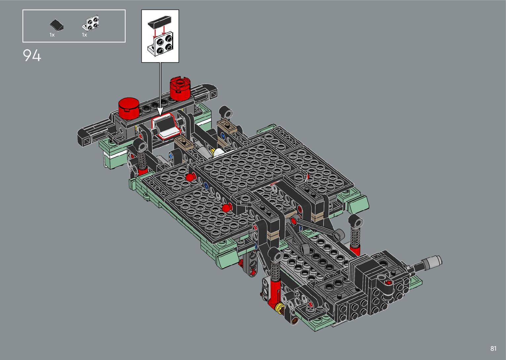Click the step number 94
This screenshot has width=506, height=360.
[32, 56]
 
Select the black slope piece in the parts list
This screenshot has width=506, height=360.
[57, 25]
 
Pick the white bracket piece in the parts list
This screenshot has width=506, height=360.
[90, 23]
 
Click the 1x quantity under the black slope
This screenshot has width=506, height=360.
[52, 35]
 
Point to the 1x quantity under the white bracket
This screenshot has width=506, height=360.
[85, 35]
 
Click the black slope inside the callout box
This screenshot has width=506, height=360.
[160, 21]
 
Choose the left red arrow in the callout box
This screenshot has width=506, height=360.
[155, 33]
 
